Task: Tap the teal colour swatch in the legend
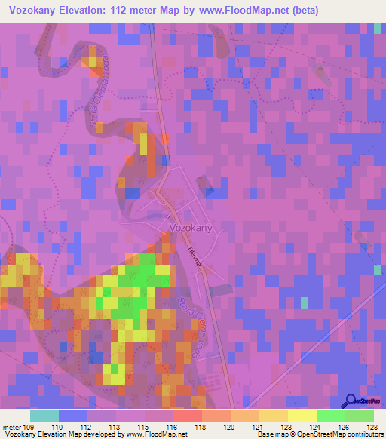pyautogui.click(x=44, y=416)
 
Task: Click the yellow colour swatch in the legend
pyautogui.click(x=302, y=416)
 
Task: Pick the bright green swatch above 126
pyautogui.click(x=330, y=416)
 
